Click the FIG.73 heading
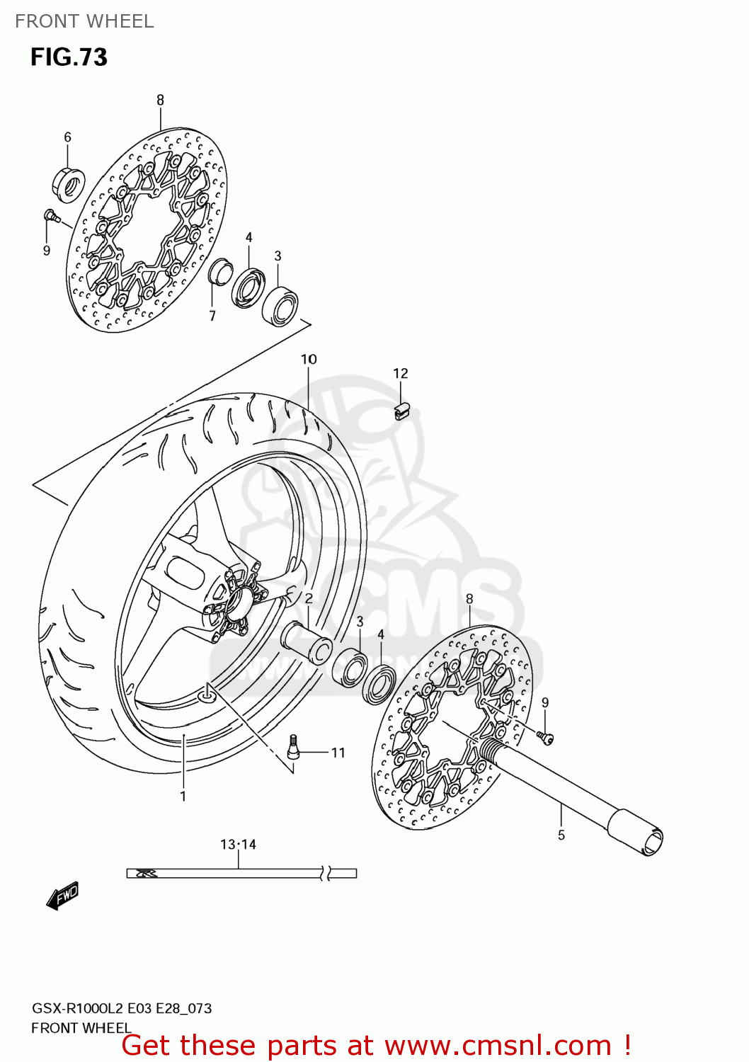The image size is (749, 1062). click(69, 57)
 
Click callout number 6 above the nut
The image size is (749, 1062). click(67, 137)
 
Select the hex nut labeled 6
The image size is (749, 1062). click(69, 183)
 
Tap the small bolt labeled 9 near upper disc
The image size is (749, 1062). click(50, 215)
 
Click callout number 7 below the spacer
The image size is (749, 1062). click(212, 316)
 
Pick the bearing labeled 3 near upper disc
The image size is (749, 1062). click(280, 306)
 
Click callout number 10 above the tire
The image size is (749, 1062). click(309, 359)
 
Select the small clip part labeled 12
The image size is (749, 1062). click(402, 411)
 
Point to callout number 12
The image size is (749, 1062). click(401, 373)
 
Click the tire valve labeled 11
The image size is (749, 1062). click(293, 746)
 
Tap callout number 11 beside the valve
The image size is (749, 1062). click(338, 753)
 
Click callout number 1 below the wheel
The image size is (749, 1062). click(183, 796)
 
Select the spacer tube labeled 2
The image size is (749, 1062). click(308, 641)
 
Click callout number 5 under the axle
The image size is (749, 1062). click(561, 835)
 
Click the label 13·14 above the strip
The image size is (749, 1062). click(238, 844)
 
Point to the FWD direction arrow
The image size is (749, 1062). click(62, 895)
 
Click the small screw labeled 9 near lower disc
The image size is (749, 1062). click(547, 738)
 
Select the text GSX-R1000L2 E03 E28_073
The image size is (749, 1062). click(122, 1008)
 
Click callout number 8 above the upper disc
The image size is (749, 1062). click(160, 100)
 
